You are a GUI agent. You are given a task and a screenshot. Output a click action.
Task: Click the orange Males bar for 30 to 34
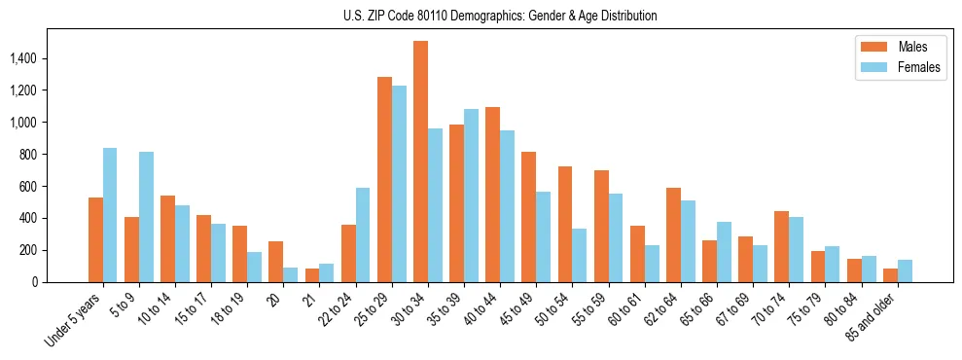pos(420,162)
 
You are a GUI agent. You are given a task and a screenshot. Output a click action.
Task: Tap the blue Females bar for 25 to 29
pos(399,184)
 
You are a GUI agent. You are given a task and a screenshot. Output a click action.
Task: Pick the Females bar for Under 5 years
pos(110,215)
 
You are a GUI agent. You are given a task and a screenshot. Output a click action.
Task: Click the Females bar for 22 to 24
pos(363,234)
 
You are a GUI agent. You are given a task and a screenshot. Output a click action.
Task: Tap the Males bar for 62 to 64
pos(673,234)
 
